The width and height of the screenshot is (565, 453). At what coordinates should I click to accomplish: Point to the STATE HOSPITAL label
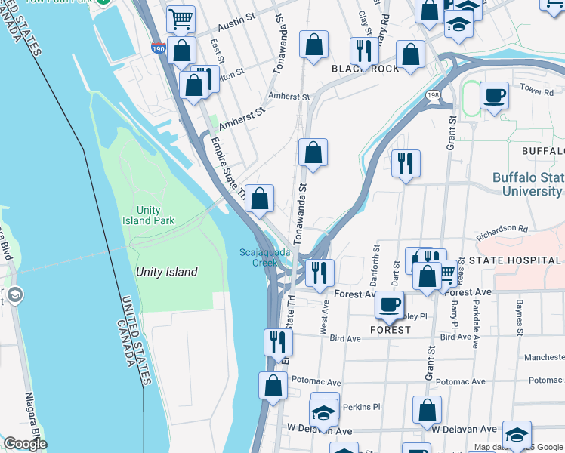click(514, 260)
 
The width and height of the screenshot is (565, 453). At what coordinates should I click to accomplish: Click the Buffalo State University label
click(527, 184)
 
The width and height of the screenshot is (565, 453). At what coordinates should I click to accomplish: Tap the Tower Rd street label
click(537, 89)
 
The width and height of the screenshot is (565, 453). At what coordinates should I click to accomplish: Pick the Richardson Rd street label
click(502, 229)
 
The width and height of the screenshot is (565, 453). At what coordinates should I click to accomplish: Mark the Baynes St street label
click(520, 318)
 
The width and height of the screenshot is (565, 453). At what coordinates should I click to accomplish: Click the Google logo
click(24, 444)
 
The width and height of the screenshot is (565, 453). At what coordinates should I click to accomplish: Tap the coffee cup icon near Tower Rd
click(494, 96)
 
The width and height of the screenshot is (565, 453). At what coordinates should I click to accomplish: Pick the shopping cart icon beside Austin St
click(181, 20)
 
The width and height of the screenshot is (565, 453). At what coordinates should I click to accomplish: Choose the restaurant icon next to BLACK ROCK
click(364, 51)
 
